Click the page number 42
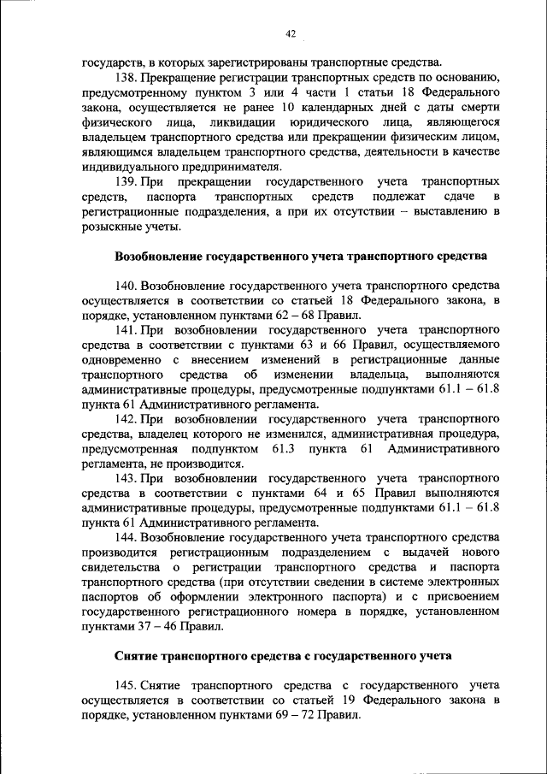pos(290,34)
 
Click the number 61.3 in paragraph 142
pos(284,449)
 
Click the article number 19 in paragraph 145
pos(350,700)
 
